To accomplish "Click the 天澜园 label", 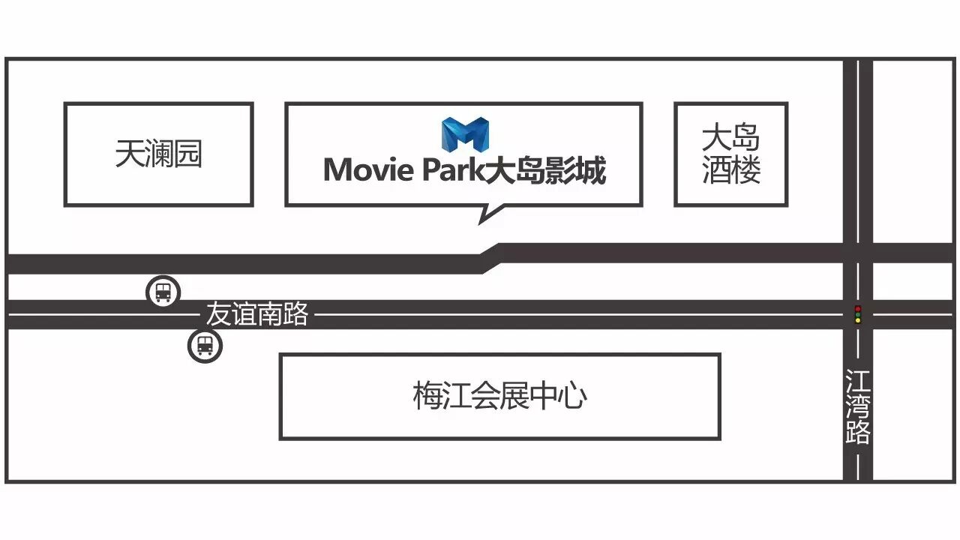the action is pyautogui.click(x=158, y=154).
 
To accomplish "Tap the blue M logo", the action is pyautogui.click(x=465, y=135).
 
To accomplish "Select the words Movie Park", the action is pyautogui.click(x=403, y=171).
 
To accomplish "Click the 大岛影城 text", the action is pyautogui.click(x=545, y=171).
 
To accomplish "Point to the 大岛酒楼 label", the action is pyautogui.click(x=730, y=154).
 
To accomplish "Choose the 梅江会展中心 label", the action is pyautogui.click(x=499, y=396).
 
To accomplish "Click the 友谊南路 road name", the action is pyautogui.click(x=257, y=314).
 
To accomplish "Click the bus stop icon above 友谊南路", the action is pyautogui.click(x=163, y=291).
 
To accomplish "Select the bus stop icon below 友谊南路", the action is pyautogui.click(x=205, y=346).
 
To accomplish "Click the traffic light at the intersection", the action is pyautogui.click(x=858, y=314).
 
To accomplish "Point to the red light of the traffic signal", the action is pyautogui.click(x=858, y=308).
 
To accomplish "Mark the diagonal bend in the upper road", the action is pyautogui.click(x=490, y=256).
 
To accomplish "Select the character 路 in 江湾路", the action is pyautogui.click(x=858, y=432).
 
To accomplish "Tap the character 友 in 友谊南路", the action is pyautogui.click(x=218, y=314).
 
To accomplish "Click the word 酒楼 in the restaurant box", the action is pyautogui.click(x=730, y=171).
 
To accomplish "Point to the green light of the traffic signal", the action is pyautogui.click(x=858, y=321).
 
